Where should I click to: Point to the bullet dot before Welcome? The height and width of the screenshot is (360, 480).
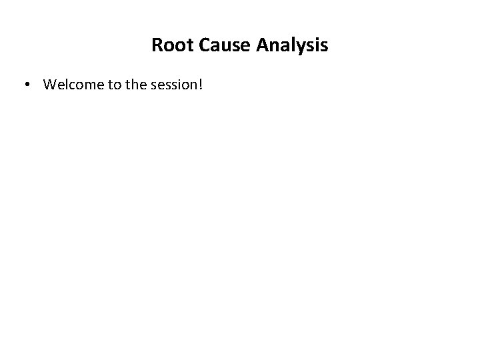(x=27, y=85)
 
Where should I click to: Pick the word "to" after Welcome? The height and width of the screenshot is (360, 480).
(x=110, y=85)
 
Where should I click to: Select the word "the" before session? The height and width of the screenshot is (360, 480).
(x=133, y=85)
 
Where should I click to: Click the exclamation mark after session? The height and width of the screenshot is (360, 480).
(x=199, y=85)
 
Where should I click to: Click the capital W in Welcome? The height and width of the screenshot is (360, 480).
(x=49, y=85)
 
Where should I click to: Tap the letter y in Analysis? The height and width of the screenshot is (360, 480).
(x=305, y=47)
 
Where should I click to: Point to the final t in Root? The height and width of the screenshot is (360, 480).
(x=187, y=45)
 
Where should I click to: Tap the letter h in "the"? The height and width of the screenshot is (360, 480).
(x=133, y=85)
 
